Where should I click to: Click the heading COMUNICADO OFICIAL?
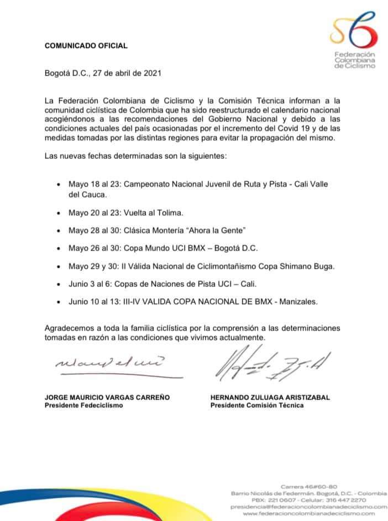pyautogui.click(x=86, y=46)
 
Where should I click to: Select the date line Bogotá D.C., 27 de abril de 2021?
pyautogui.click(x=103, y=72)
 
